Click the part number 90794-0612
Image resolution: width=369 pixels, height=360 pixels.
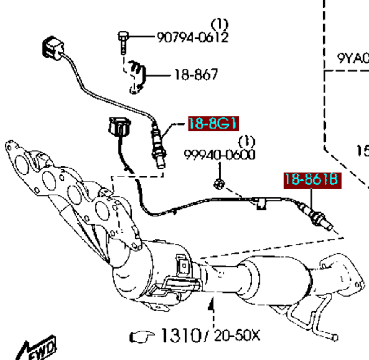coord(192,37)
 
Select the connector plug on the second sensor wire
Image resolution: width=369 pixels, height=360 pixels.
coord(120,128)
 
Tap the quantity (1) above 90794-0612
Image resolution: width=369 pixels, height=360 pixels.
coord(220,24)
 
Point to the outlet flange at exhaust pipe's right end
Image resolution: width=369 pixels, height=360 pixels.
coord(347,276)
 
